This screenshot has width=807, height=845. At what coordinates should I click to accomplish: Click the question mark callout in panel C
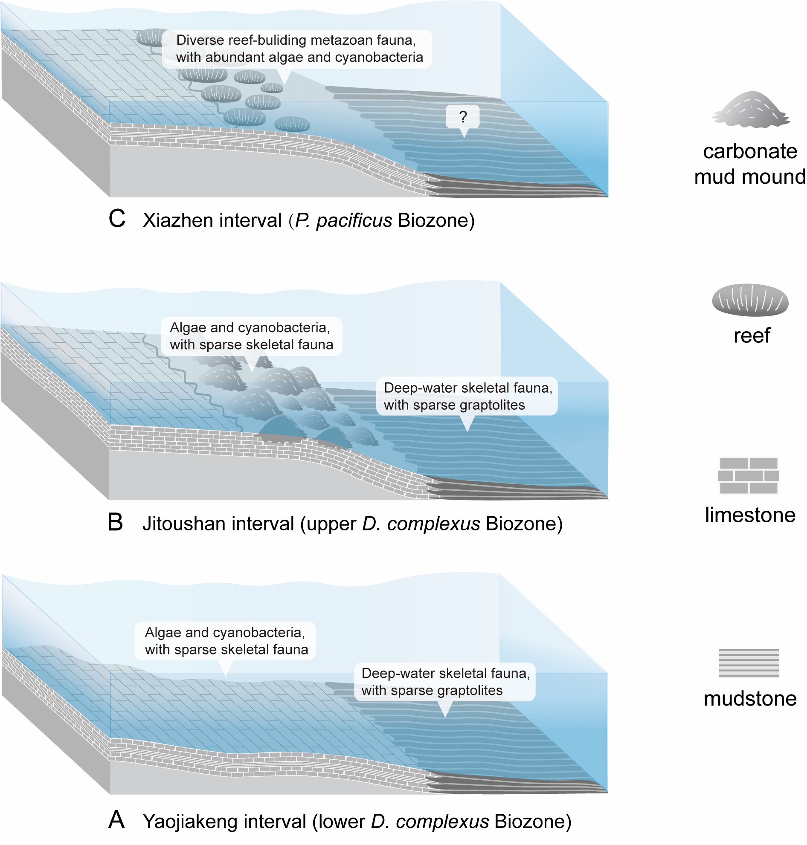point(462,116)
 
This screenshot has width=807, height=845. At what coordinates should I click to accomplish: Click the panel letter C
point(117,219)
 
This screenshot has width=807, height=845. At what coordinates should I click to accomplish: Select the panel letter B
point(116,523)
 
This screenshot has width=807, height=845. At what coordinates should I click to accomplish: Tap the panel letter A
point(116,819)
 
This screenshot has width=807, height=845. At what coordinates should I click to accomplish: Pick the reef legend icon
point(750,300)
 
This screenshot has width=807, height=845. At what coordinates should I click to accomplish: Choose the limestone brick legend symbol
point(749,475)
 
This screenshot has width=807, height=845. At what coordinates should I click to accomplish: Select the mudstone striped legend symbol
point(749,663)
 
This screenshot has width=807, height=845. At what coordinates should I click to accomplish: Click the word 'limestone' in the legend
point(750,515)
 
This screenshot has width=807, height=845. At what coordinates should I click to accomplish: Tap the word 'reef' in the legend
point(752,336)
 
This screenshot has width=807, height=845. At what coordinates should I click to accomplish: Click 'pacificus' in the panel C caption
point(354,220)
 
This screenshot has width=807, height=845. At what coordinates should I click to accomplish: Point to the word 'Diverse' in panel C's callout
point(200,41)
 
